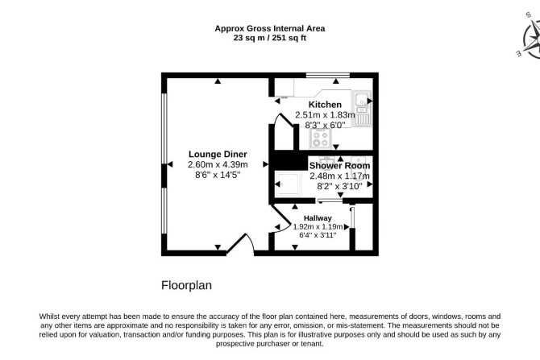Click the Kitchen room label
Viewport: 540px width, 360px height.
click(325, 105)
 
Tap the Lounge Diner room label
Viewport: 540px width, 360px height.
click(218, 154)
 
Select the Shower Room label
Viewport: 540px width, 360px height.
click(339, 166)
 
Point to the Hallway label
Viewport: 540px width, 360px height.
click(318, 218)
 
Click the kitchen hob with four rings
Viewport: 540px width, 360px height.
click(320, 139)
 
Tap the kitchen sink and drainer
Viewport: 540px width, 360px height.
click(361, 108)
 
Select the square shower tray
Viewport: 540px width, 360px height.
click(289, 184)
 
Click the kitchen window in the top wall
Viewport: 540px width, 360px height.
click(328, 75)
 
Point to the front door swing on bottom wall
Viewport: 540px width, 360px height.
click(241, 244)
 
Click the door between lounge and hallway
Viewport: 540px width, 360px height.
click(280, 219)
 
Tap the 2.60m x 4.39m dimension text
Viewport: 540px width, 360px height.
click(218, 164)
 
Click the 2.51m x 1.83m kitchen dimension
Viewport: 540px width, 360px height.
click(325, 115)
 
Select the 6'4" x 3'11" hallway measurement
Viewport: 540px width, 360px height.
click(318, 235)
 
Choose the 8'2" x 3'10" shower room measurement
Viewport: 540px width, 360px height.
click(339, 186)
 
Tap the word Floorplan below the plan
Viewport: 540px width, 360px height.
click(186, 285)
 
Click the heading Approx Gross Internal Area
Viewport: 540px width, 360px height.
click(270, 28)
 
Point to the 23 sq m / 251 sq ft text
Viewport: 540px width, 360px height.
click(270, 38)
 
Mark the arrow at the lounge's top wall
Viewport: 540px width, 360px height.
click(218, 81)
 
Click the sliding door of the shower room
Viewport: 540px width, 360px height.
click(330, 201)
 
